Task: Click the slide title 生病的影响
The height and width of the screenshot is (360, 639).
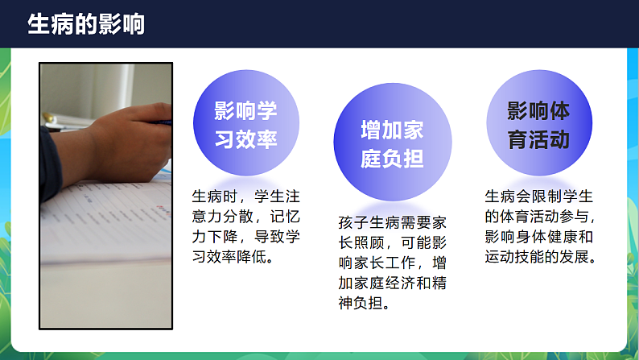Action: point(86,25)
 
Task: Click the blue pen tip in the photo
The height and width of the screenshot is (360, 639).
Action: point(167,122)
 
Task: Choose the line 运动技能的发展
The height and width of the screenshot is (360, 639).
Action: point(539,258)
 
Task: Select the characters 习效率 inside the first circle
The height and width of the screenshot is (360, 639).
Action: point(245,139)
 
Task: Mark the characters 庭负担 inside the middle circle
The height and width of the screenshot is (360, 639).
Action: point(392,159)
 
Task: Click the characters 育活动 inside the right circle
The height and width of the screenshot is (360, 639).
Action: point(538,139)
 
